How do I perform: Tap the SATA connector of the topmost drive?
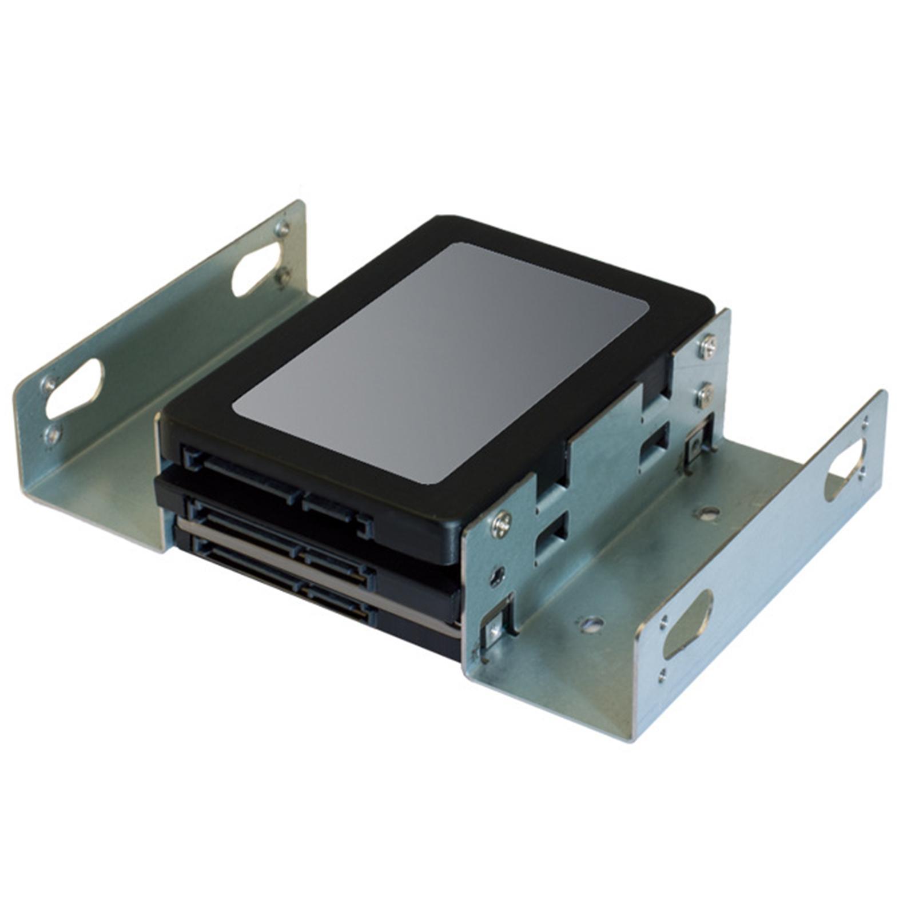[x=274, y=486]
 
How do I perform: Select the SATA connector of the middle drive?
[x=280, y=535]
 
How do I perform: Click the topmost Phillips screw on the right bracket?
[x=708, y=346]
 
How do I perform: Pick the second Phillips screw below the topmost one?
[x=705, y=394]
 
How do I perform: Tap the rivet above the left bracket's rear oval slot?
[x=281, y=229]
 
